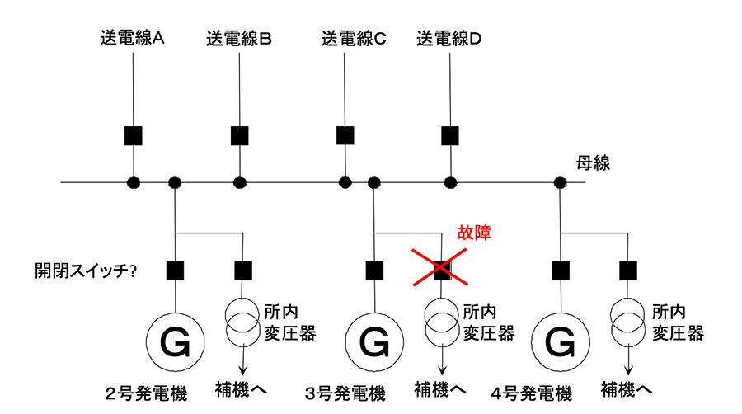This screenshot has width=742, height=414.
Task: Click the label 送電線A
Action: (134, 38)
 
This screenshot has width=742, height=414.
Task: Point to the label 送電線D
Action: (448, 38)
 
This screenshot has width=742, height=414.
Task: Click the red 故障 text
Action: (474, 233)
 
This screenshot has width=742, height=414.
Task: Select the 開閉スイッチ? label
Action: (85, 270)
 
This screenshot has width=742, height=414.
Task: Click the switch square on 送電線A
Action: (133, 134)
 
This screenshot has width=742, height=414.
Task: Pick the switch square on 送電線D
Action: (449, 134)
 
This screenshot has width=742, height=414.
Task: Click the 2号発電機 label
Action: (146, 393)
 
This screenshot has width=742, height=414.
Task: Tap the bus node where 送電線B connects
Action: (239, 181)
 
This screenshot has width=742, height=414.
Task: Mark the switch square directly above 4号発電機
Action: (561, 269)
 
